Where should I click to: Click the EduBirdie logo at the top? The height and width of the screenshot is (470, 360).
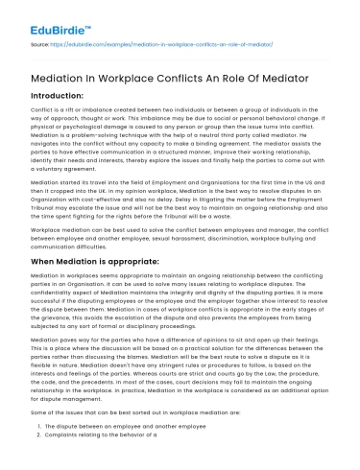(x=46, y=17)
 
